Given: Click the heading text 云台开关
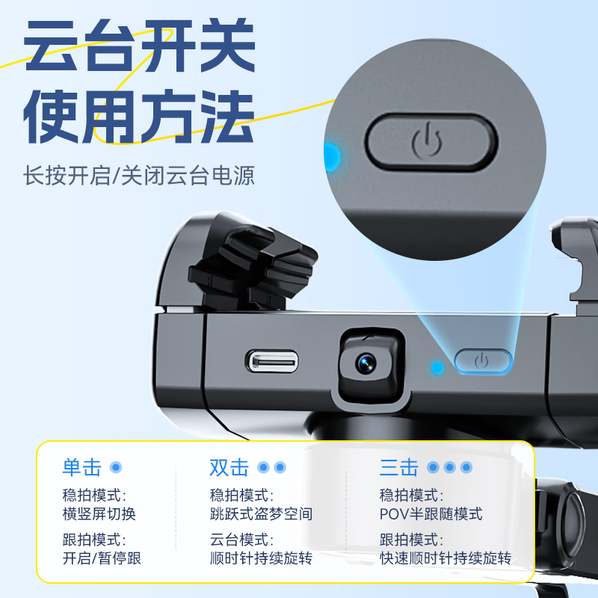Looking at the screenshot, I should point(141,49).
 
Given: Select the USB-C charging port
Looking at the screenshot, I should point(273,362).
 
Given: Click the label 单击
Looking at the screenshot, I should point(81,468).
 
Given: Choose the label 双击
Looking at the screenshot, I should point(229,468).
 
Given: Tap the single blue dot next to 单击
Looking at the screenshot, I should point(115,468).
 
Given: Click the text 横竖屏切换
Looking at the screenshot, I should point(99,514).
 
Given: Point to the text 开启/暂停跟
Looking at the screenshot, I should point(102,558).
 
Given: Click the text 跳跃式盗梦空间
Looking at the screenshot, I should point(261,514).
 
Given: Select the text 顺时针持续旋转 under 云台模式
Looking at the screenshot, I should point(261,558).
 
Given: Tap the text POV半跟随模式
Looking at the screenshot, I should point(431,514).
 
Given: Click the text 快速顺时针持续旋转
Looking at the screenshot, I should point(446,558).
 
